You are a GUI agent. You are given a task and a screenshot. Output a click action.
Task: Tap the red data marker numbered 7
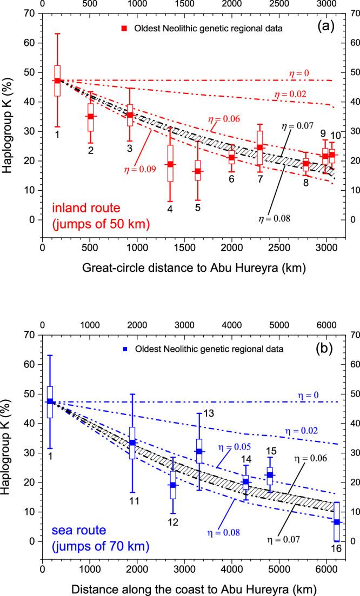260,148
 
